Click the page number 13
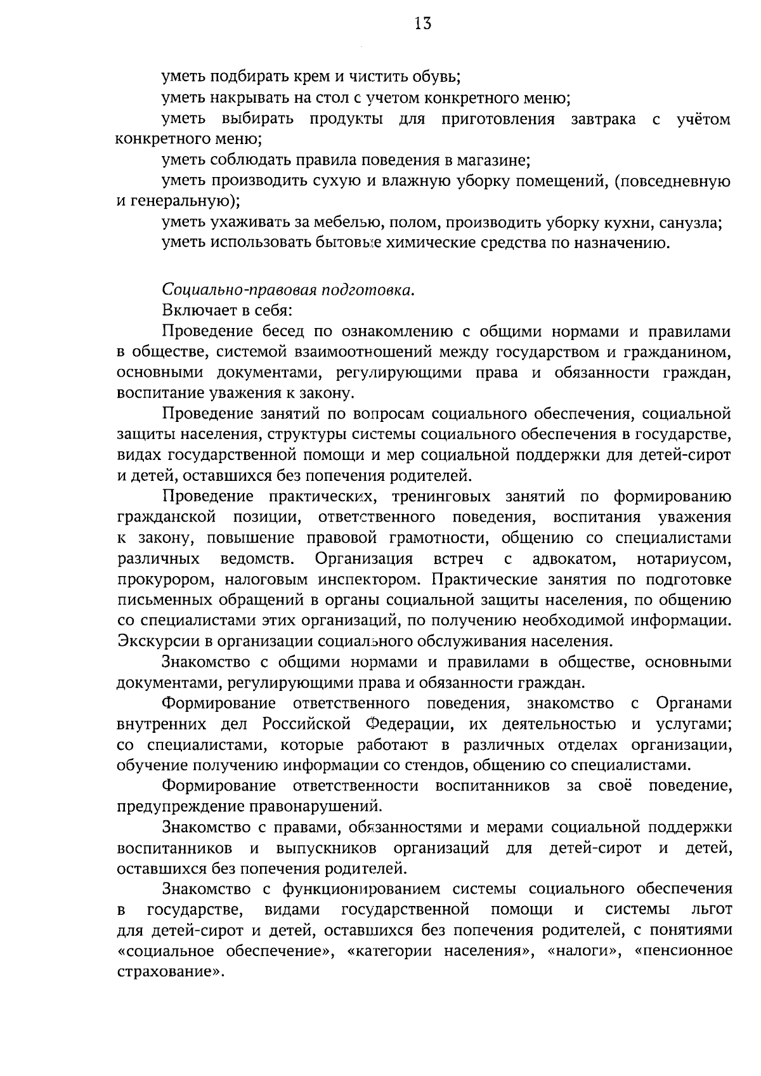coord(423,24)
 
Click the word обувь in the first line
coord(437,78)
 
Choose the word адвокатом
coord(575,559)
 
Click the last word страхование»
coord(171,973)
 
